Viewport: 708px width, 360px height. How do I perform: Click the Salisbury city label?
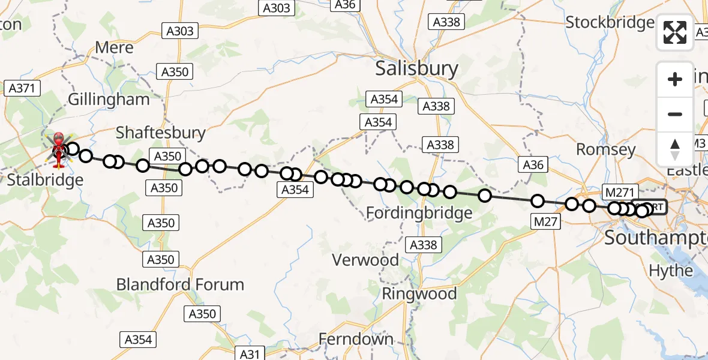coord(416,68)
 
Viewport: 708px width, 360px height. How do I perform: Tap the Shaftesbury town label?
coord(160,133)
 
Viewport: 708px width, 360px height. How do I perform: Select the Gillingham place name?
coord(109,100)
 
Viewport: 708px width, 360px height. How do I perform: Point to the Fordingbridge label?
coord(419,212)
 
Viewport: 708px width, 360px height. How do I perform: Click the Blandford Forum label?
coord(180,284)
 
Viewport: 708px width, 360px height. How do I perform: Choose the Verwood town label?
coord(367,260)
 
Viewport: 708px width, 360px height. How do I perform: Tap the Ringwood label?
coord(419,294)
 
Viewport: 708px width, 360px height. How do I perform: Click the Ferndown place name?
coord(356,339)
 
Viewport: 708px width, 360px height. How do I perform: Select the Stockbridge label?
coord(610,23)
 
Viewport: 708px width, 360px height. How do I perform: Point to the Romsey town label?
coord(606,149)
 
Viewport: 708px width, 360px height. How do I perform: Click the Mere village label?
coord(110,47)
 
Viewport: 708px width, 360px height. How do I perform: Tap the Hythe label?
coord(671,271)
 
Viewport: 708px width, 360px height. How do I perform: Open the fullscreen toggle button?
coord(675,32)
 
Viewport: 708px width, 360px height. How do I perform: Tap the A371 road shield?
coord(22,88)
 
